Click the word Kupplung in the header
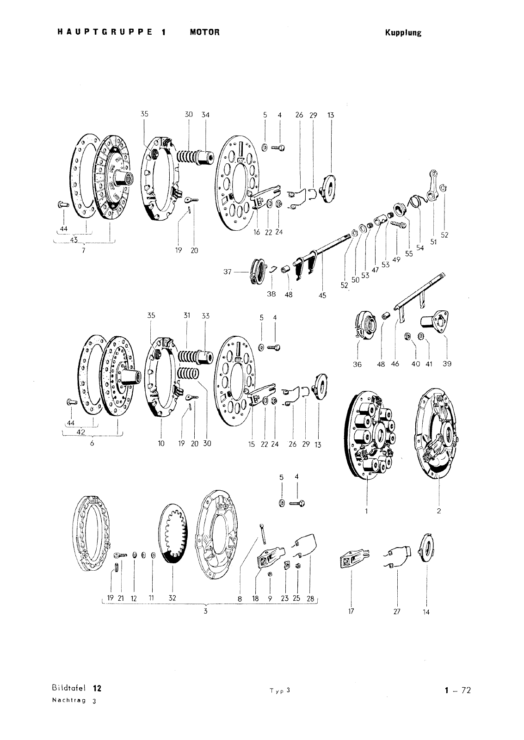(x=403, y=33)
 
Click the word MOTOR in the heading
(x=204, y=32)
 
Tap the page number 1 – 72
(x=457, y=691)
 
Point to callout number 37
(x=227, y=272)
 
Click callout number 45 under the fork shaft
(x=322, y=295)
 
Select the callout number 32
(x=172, y=598)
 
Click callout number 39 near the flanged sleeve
(x=446, y=364)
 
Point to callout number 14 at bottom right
(x=426, y=612)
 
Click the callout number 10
(x=161, y=444)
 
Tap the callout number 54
(x=420, y=247)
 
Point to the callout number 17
(x=351, y=611)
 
